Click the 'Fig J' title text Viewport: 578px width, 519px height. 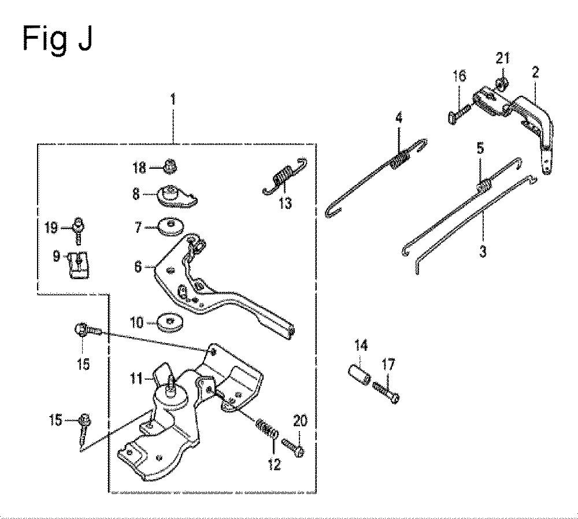[x=57, y=39]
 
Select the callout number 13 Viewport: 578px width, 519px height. [x=286, y=203]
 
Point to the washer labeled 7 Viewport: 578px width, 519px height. [x=170, y=227]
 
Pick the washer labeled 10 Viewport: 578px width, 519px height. [x=170, y=323]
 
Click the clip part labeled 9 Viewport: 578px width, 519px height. [x=79, y=264]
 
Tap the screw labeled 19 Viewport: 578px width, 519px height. [x=79, y=230]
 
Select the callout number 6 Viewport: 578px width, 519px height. [x=138, y=266]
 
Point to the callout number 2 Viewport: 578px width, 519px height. [x=535, y=72]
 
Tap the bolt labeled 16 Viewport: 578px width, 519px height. [x=459, y=113]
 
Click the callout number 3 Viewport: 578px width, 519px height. [x=483, y=252]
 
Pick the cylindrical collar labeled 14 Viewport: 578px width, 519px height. [x=360, y=375]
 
